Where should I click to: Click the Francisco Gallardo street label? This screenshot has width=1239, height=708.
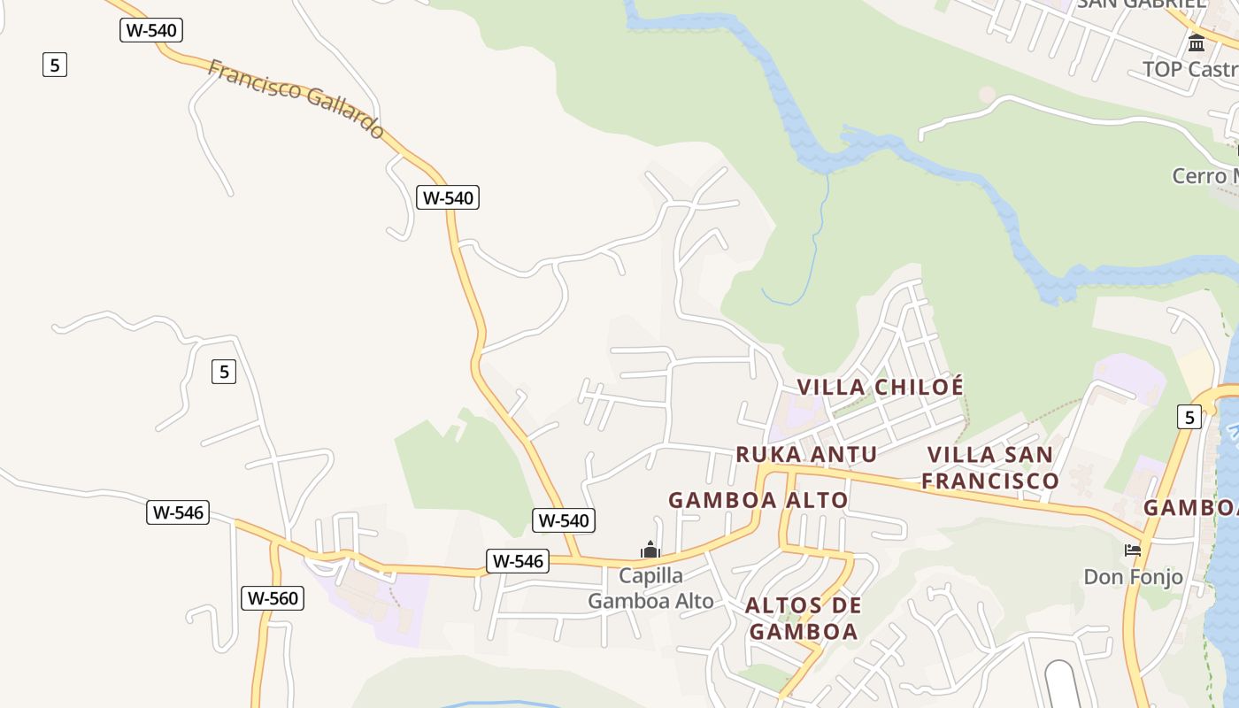click(296, 98)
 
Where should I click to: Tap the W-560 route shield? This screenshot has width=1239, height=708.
click(273, 598)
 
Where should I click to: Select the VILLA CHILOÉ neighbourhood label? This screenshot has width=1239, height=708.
click(880, 387)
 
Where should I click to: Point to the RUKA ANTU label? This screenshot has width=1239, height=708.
click(806, 454)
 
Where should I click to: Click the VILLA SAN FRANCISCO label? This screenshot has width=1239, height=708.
click(990, 467)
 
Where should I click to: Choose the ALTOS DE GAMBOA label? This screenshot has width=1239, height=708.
click(803, 619)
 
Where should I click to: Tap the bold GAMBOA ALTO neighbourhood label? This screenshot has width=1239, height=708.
click(758, 500)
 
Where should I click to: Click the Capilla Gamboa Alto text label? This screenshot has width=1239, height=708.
click(650, 589)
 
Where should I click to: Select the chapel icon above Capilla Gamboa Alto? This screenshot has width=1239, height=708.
click(650, 550)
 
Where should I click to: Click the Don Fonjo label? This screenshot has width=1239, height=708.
click(1133, 577)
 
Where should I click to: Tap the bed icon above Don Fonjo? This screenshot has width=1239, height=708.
click(1133, 550)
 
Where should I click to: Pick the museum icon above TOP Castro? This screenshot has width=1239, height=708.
click(1197, 42)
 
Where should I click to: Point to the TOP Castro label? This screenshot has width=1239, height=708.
click(1189, 69)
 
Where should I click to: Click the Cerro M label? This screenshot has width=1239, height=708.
click(1204, 175)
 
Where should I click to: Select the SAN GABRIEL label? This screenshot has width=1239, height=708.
click(1141, 4)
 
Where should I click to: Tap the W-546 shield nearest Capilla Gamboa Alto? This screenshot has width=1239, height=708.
click(518, 560)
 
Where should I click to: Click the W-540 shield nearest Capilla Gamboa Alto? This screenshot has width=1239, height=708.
click(564, 520)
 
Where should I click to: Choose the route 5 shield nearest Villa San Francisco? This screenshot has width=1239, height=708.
click(1189, 417)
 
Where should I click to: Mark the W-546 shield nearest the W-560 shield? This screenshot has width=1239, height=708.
click(178, 512)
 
